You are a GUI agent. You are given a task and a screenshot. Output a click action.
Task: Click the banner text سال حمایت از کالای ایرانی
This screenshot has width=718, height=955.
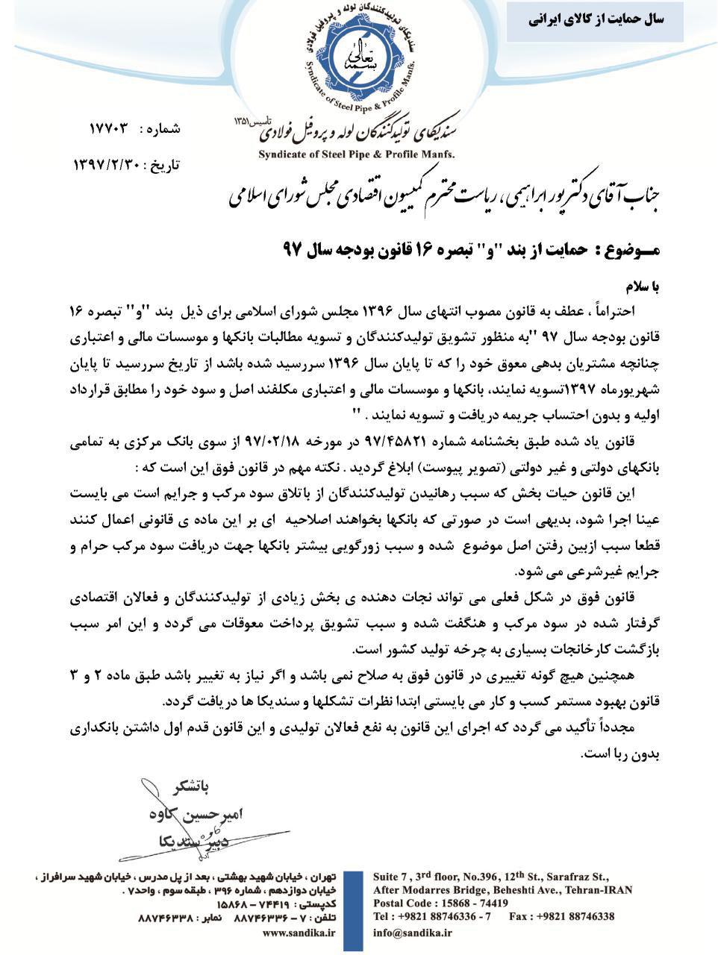pos(596,20)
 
